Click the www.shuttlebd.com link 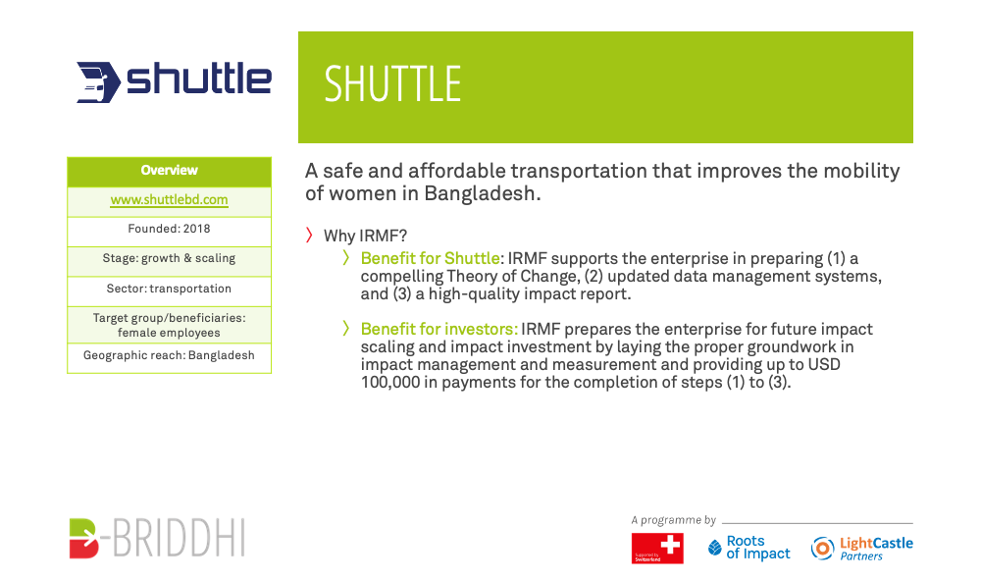tap(169, 200)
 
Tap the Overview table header tap(169, 172)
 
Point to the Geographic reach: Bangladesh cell tap(169, 357)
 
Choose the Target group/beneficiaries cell tap(169, 325)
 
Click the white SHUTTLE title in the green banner tap(392, 83)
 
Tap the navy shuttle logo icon tap(97, 82)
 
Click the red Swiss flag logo tap(657, 549)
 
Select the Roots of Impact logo tap(749, 548)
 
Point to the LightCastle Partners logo tap(861, 549)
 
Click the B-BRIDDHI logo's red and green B tap(83, 538)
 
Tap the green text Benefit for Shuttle tap(430, 258)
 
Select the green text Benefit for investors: tap(439, 330)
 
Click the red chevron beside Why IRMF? tap(309, 235)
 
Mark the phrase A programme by tap(673, 520)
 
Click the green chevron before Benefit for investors tap(346, 328)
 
